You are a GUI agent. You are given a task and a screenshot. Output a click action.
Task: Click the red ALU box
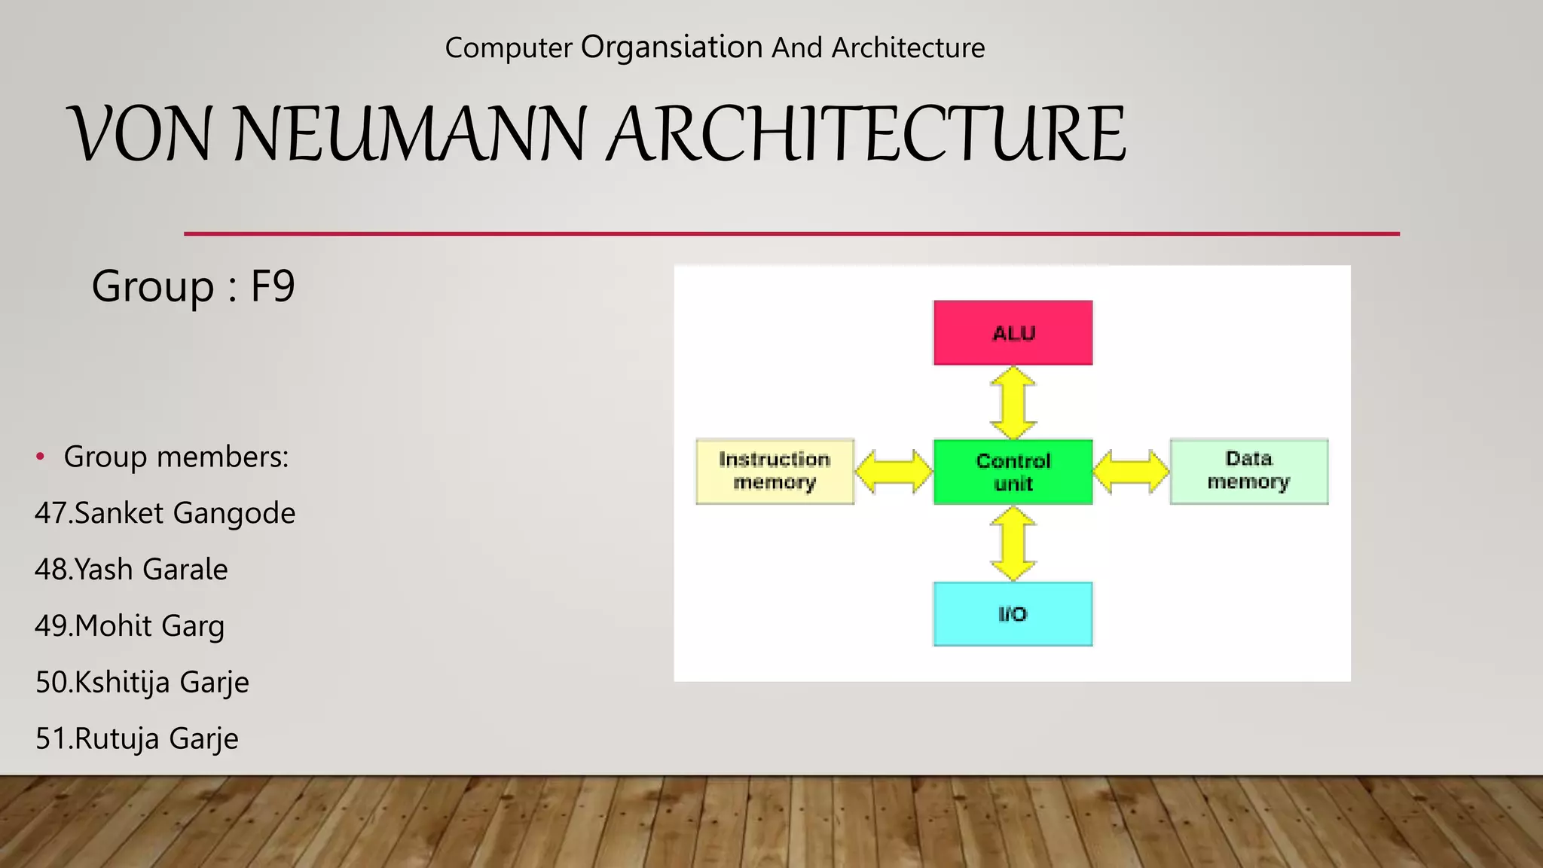pos(1013,333)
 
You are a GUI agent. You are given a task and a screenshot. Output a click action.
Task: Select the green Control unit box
pos(1013,472)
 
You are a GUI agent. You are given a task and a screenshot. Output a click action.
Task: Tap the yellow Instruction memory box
pos(775,472)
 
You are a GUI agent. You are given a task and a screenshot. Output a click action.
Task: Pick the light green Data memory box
pos(1248,471)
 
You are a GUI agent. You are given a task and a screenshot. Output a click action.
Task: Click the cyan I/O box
pos(1013,614)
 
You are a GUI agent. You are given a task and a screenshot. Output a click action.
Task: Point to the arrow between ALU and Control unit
pos(1013,403)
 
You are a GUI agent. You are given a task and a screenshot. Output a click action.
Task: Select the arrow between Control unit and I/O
pos(1013,543)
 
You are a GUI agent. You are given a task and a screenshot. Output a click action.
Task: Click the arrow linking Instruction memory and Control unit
pos(894,472)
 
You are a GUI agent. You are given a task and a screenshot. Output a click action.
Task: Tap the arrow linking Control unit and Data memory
pos(1131,472)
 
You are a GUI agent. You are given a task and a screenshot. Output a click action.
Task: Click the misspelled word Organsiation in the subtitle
pos(672,47)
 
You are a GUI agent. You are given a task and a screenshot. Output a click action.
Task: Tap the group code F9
pos(273,287)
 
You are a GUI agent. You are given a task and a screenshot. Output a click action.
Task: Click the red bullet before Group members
pos(41,457)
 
